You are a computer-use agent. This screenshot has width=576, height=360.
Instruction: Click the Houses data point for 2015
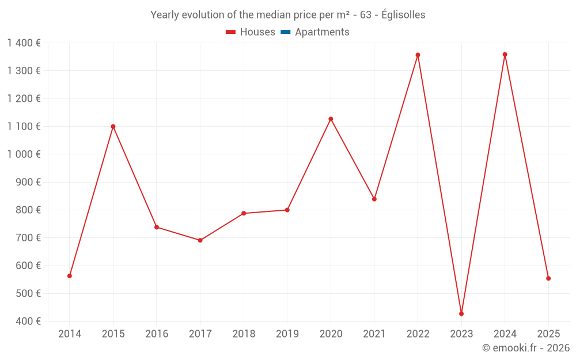[113, 126]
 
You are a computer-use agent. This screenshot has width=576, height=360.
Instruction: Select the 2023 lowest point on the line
[461, 314]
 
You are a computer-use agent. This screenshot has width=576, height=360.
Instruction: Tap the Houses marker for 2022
[418, 55]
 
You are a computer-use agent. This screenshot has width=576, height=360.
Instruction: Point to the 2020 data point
[331, 119]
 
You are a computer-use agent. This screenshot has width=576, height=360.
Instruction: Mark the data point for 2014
[70, 276]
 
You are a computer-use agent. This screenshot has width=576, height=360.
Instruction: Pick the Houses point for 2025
[548, 278]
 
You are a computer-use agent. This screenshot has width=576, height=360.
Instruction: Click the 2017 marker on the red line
[200, 240]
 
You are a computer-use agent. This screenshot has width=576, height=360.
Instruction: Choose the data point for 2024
[505, 55]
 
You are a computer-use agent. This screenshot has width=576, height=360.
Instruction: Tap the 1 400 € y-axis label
[24, 43]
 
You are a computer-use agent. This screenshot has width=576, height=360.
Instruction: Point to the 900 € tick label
[28, 182]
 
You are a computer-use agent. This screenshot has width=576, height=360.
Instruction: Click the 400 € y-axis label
[28, 321]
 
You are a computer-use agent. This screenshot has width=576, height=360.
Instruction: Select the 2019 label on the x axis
[287, 334]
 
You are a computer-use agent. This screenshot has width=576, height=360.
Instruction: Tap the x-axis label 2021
[374, 334]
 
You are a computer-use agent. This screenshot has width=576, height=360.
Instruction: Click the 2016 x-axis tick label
[157, 334]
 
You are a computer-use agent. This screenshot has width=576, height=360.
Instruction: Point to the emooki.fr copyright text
[525, 348]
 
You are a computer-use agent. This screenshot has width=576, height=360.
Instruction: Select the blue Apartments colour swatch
[285, 32]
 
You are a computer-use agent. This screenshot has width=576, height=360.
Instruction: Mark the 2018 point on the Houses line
[244, 213]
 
